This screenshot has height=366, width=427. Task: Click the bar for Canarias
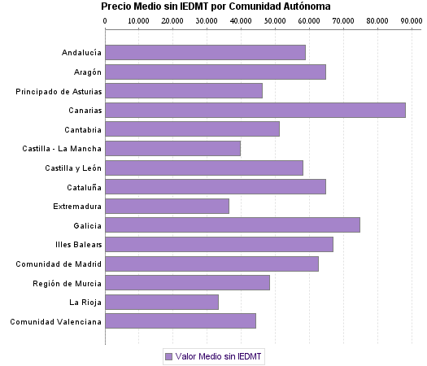255,110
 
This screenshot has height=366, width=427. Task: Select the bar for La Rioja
162,302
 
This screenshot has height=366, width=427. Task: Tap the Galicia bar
233,225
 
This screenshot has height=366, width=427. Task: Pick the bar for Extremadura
167,206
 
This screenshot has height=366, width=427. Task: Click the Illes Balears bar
219,244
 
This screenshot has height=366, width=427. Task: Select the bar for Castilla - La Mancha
172,148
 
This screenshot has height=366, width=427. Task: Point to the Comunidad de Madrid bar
211,264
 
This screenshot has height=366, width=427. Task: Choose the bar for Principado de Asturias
184,90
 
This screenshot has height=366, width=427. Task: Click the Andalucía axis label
81,53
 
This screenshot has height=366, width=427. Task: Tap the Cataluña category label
83,187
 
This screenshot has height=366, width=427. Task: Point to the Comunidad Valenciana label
55,321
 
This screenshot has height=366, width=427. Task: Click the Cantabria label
83,129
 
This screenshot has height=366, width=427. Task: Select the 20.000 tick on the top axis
172,20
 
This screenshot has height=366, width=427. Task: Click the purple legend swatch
168,356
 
